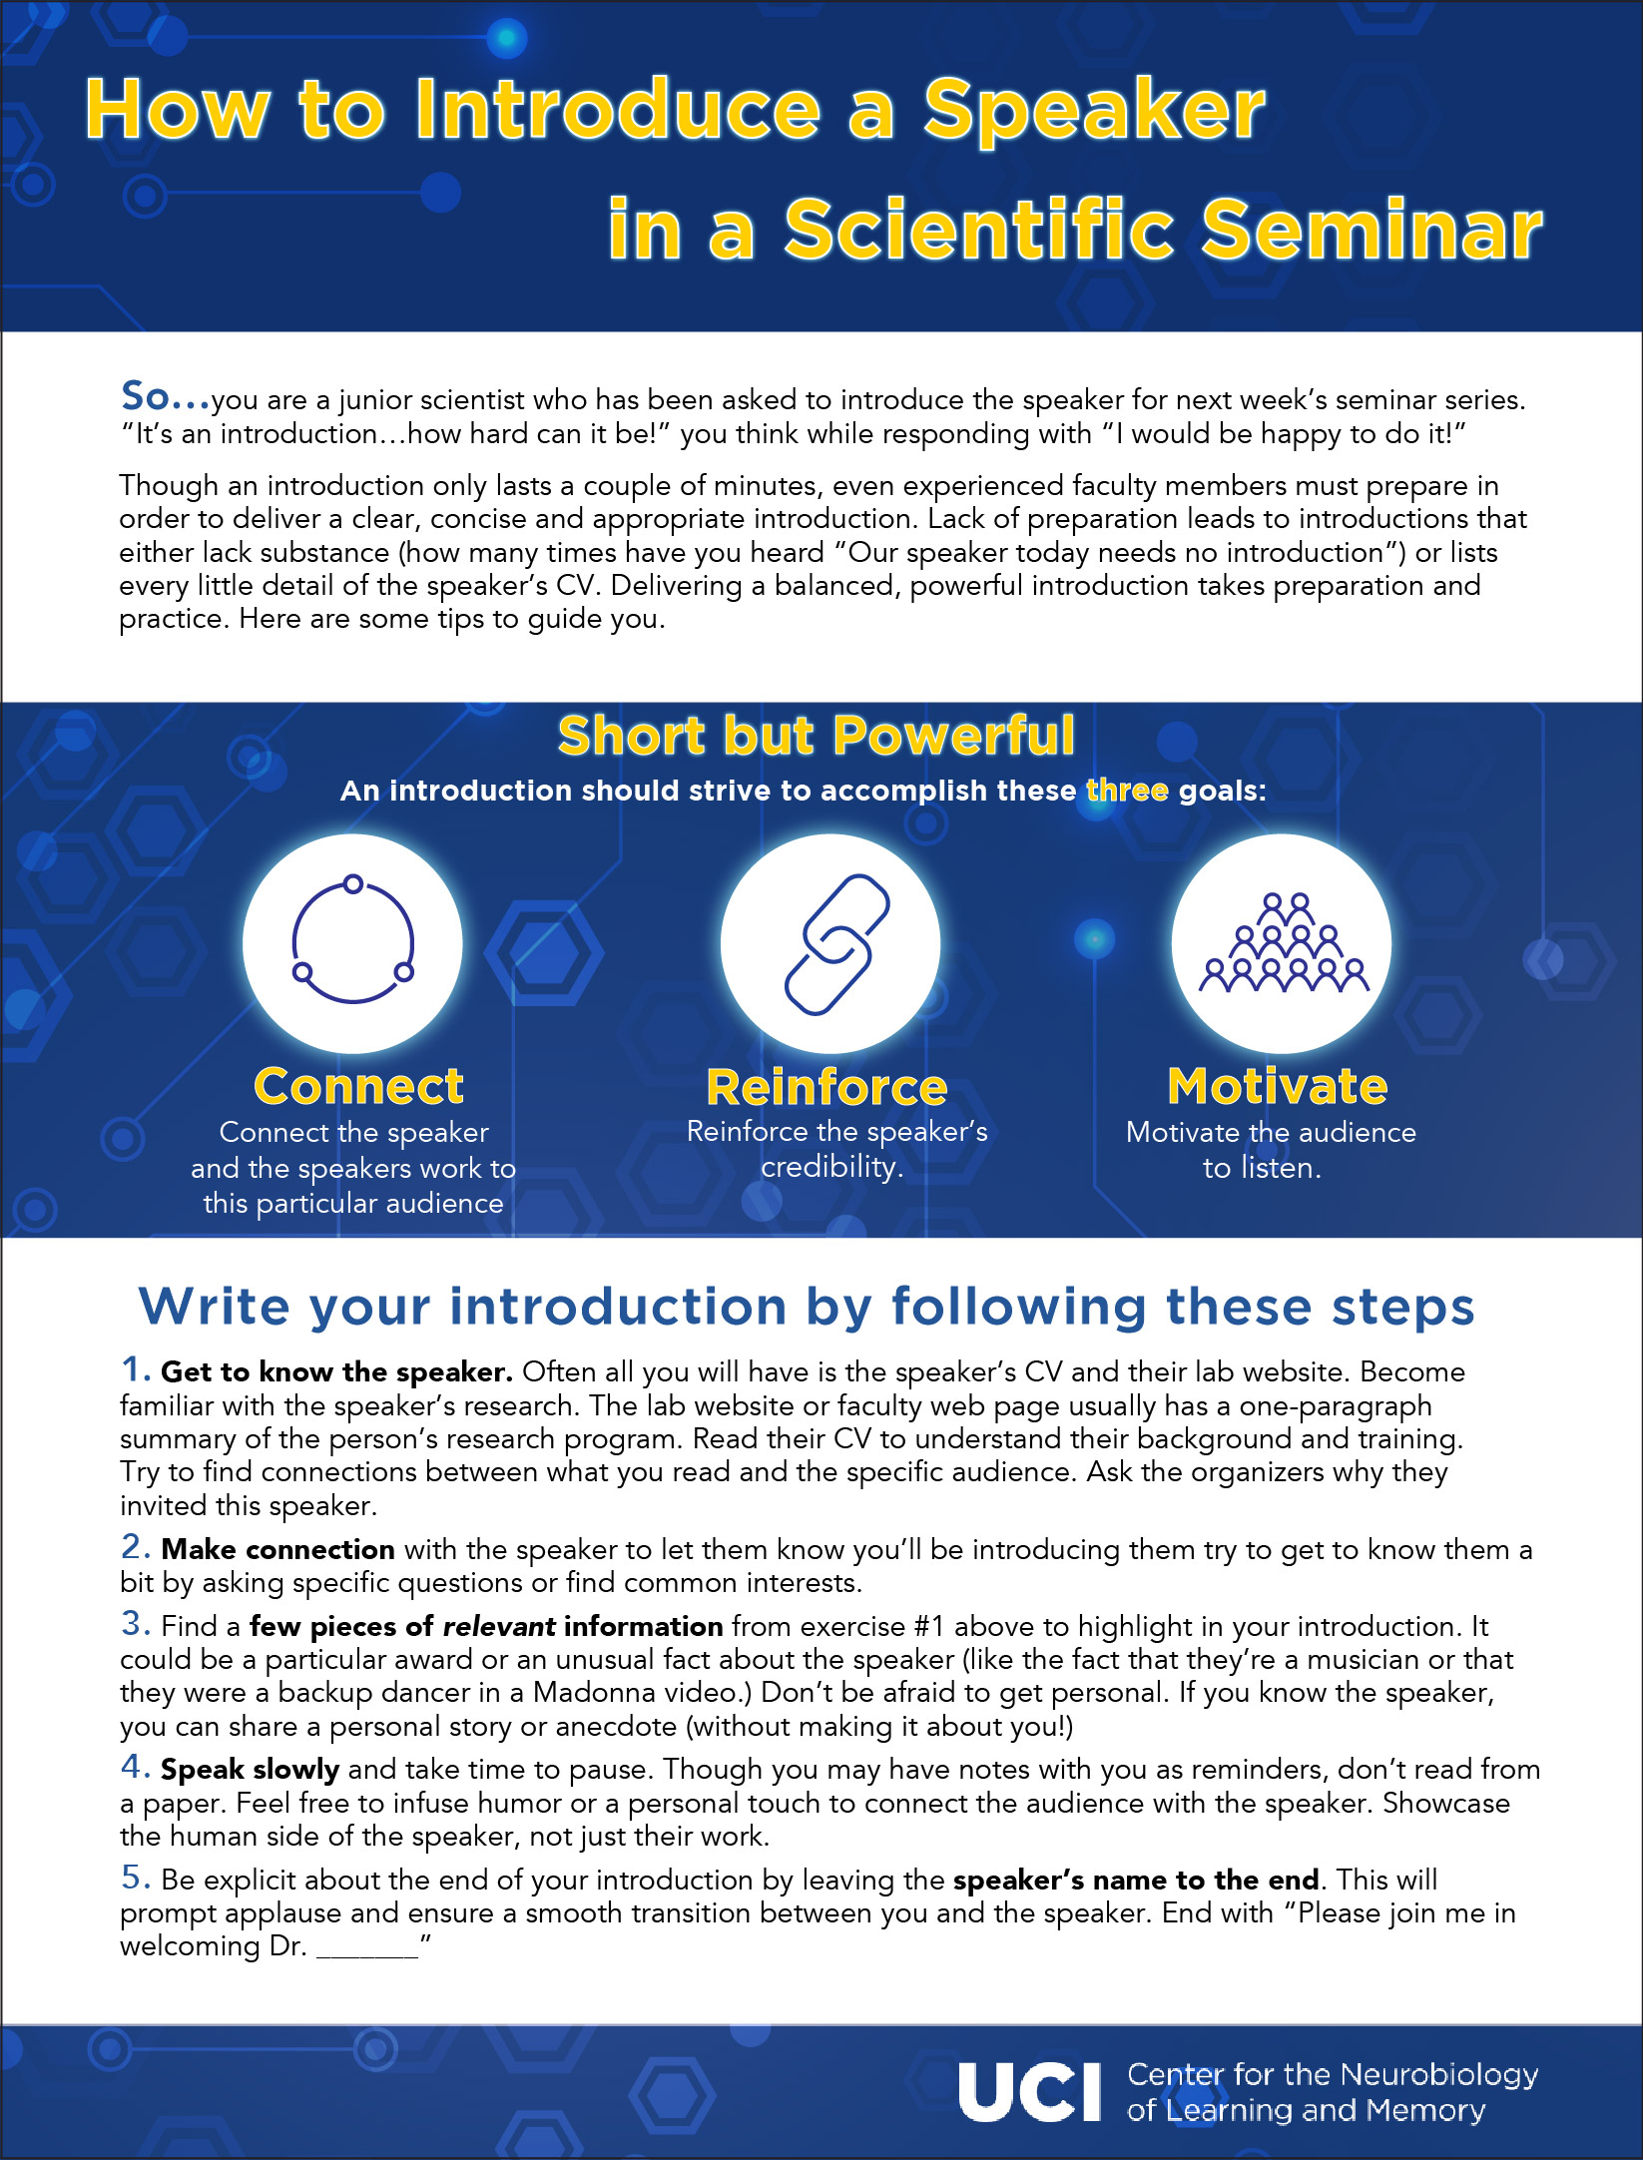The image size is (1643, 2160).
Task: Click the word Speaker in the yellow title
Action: [x=1093, y=111]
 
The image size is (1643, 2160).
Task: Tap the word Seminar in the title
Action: [x=1371, y=231]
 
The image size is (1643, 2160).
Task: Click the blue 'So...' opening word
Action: [x=165, y=396]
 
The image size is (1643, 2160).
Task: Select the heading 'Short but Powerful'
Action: [x=817, y=736]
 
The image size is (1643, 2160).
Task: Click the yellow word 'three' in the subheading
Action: [x=1127, y=791]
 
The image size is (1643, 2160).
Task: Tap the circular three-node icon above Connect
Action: [x=352, y=942]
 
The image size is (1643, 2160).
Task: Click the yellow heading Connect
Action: [x=358, y=1086]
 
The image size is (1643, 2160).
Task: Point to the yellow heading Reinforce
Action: [x=826, y=1087]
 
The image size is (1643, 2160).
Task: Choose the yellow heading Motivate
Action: [x=1277, y=1086]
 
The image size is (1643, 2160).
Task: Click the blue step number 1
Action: [x=134, y=1369]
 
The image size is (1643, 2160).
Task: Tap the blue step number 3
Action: [x=135, y=1624]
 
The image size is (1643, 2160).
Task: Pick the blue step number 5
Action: [x=135, y=1878]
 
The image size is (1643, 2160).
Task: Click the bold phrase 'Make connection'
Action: [x=277, y=1549]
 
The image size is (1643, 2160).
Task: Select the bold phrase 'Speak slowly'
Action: [x=250, y=1769]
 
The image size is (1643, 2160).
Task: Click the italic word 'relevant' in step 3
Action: [x=499, y=1626]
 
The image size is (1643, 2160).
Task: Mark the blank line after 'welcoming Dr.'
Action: [x=367, y=1948]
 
